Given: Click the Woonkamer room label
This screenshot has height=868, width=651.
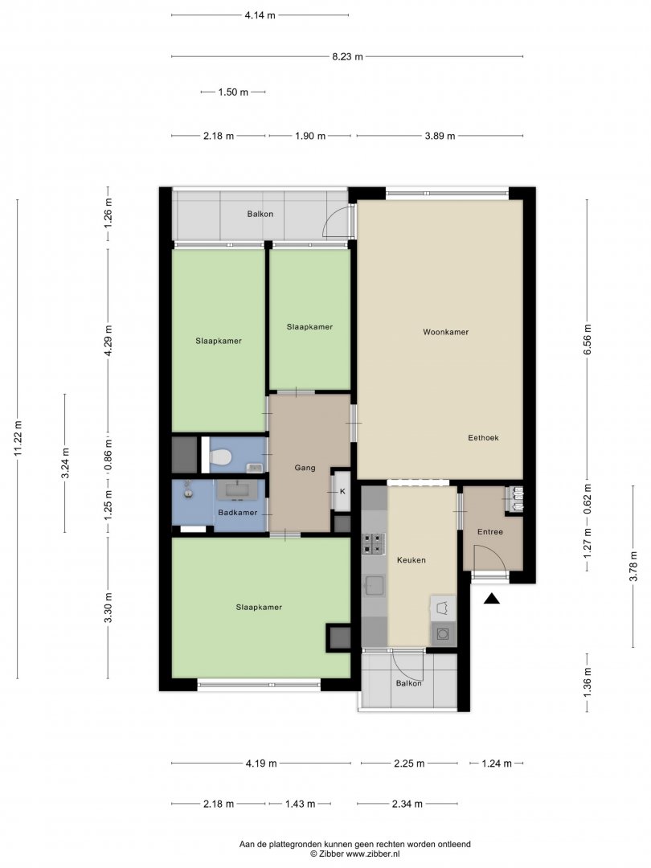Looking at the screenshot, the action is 445,332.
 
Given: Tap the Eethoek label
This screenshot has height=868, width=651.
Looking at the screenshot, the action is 483,438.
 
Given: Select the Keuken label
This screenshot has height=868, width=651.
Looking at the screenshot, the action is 411,560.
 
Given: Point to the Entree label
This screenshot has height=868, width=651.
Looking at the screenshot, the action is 490,532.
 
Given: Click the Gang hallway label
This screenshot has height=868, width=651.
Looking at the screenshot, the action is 305,469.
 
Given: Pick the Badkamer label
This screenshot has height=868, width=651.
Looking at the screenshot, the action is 237,513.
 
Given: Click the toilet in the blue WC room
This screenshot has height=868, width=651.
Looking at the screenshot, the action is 219,457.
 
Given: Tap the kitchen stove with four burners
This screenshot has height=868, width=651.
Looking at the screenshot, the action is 374,543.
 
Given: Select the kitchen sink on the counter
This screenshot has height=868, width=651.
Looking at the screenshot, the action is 375,586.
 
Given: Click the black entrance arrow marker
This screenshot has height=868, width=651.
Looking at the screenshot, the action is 492,599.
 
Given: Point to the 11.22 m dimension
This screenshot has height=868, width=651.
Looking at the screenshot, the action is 18,439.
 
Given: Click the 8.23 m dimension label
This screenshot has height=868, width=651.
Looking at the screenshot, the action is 348,56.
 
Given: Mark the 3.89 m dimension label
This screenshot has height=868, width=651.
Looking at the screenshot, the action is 440,136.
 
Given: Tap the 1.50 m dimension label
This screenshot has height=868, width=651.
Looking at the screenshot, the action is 233,92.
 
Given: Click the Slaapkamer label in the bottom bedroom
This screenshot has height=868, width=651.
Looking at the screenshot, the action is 259,608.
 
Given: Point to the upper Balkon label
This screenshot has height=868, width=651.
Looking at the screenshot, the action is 260,215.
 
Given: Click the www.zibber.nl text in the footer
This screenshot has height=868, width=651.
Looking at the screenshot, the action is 373,854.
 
